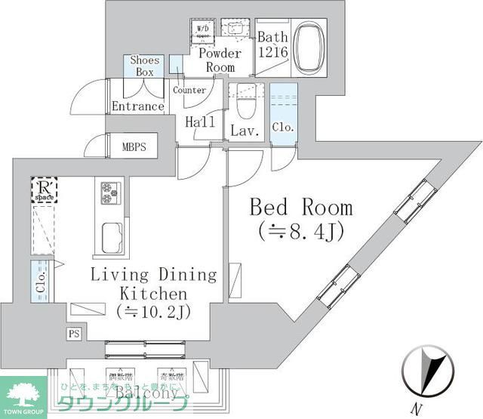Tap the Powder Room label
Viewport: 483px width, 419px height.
point(220,60)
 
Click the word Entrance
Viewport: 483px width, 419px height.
point(138,106)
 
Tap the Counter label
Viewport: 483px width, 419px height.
point(189,91)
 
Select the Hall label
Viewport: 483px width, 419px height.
point(200,122)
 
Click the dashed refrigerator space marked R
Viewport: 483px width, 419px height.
point(44,190)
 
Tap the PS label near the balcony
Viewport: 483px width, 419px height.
point(74,333)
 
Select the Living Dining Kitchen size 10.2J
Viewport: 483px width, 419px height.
point(153,310)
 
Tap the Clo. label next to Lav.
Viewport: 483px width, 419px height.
point(283,127)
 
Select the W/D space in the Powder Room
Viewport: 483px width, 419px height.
point(203,32)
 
